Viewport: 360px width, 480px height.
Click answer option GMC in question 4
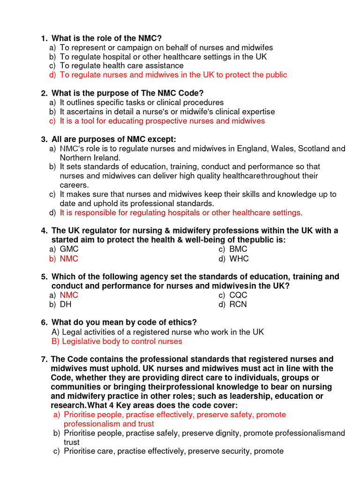[x=69, y=249]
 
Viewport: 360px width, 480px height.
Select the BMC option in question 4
[x=238, y=249]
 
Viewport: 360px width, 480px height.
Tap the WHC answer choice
[x=239, y=259]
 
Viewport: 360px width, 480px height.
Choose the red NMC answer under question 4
[x=69, y=259]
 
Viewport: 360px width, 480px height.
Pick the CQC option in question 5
[x=238, y=295]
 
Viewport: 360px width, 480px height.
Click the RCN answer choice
[x=238, y=305]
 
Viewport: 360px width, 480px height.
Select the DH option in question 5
[x=66, y=305]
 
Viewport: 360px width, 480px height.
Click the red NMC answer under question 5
[x=69, y=295]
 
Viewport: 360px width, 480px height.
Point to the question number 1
[x=44, y=38]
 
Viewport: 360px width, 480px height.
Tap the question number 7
[x=44, y=360]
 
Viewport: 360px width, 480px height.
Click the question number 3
[x=44, y=139]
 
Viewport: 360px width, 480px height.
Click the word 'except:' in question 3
[x=163, y=139]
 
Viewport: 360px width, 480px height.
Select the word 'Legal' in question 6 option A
[x=72, y=332]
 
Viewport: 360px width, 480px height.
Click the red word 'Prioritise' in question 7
[x=81, y=415]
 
